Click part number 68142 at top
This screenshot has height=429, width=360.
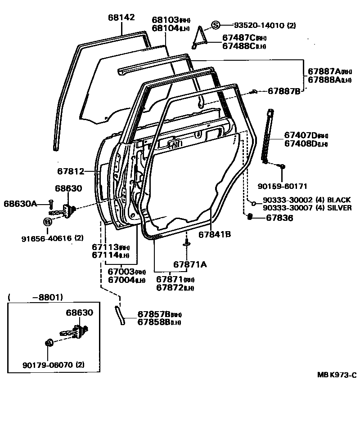(121, 18)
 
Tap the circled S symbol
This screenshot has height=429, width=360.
(216, 25)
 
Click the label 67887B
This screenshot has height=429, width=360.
(283, 91)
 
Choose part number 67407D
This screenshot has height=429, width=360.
(301, 135)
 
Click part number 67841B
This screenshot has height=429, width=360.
(215, 234)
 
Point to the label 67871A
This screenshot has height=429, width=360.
(190, 264)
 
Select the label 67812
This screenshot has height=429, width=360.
(71, 171)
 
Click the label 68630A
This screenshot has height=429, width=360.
(21, 204)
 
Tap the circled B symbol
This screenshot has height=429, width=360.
(47, 222)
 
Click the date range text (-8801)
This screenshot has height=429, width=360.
(36, 297)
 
